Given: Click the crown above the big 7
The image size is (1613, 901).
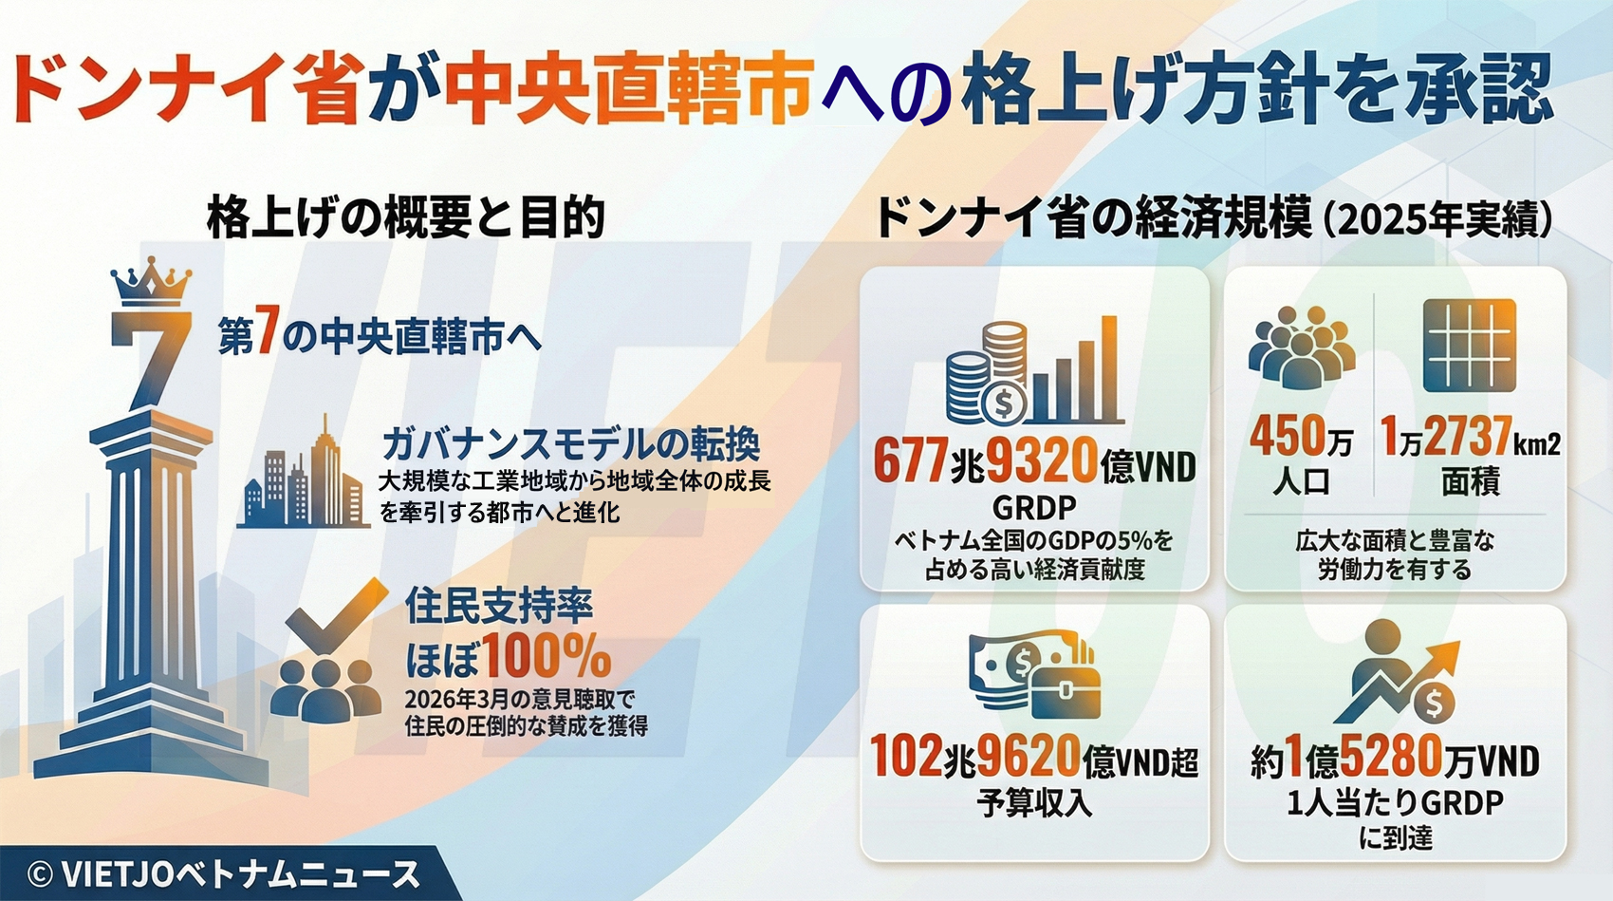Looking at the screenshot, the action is click(151, 281).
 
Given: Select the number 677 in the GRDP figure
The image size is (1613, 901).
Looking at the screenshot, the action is click(910, 461).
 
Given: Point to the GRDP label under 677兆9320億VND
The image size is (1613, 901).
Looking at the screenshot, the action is click(1034, 507).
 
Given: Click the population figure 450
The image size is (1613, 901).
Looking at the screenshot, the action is click(1286, 436).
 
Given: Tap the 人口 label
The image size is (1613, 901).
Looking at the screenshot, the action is click(1301, 481).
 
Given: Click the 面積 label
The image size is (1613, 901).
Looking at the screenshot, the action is click(1470, 481).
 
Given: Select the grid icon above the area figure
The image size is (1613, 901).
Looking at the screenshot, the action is click(1470, 346).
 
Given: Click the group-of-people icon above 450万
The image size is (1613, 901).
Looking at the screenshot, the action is click(1301, 347).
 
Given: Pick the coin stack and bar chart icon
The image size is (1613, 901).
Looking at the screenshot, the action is click(1033, 371).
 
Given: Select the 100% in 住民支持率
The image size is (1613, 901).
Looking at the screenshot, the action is click(547, 656).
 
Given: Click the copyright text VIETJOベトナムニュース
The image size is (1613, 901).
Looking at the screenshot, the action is click(223, 875).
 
